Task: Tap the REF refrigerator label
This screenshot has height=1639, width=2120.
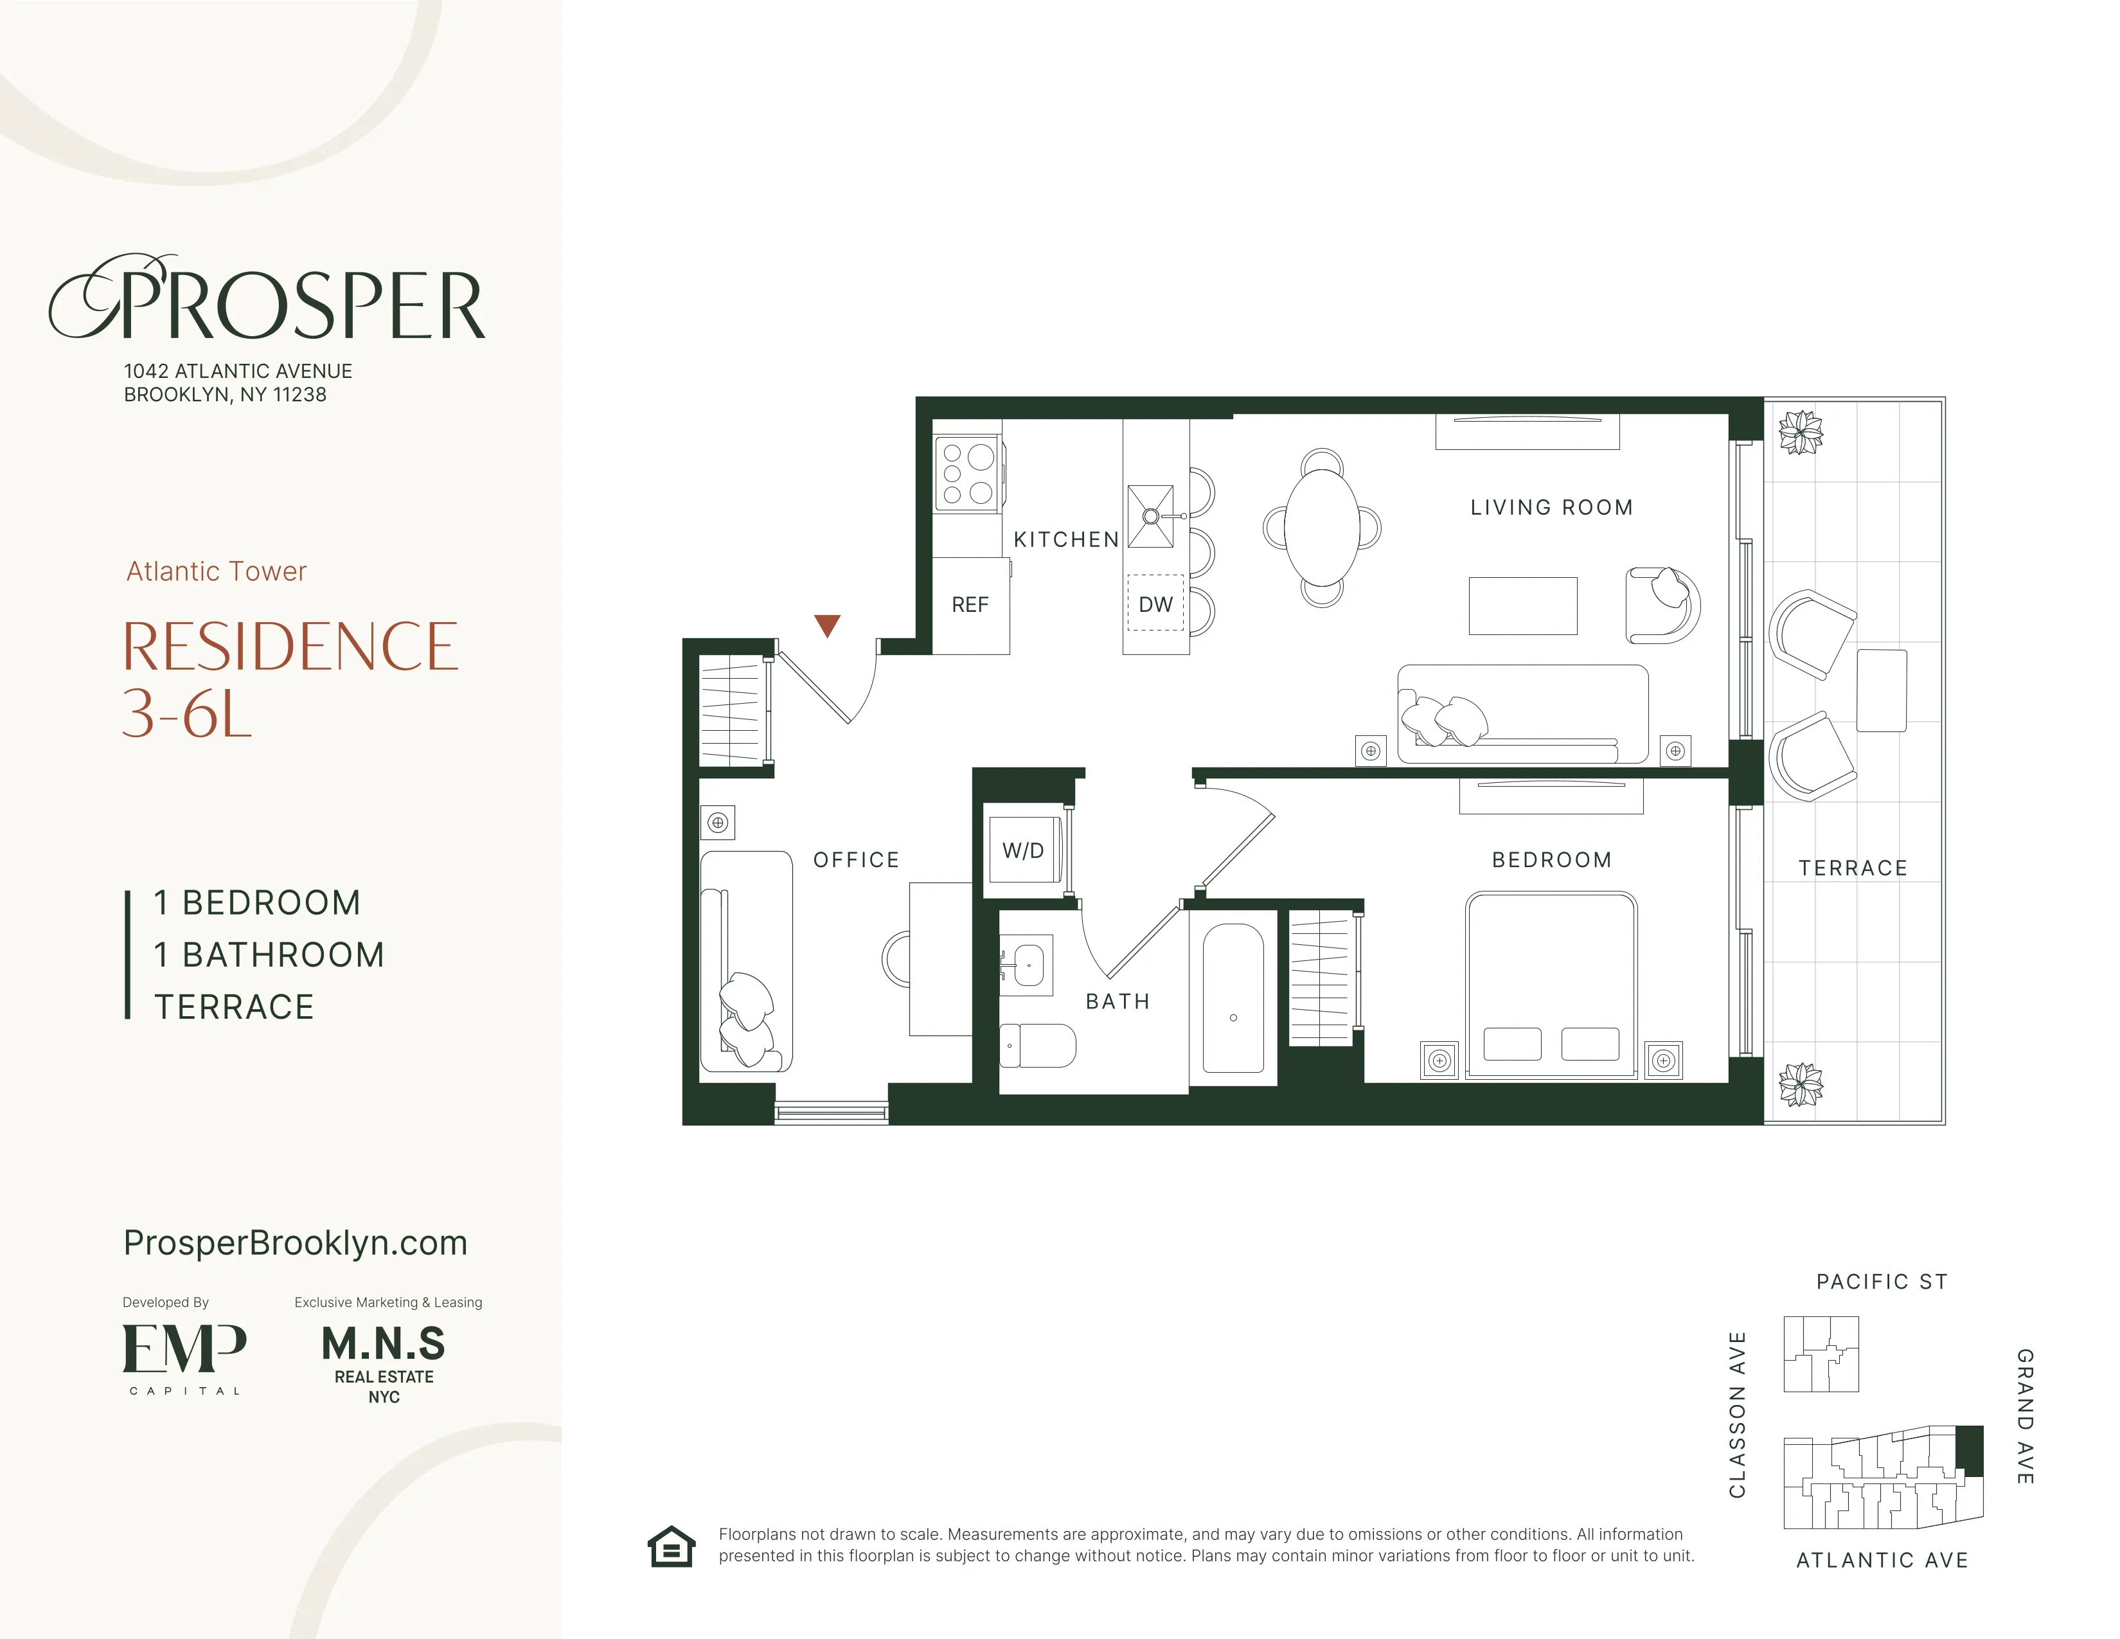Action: (x=970, y=605)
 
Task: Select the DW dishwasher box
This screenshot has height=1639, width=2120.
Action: (x=1155, y=604)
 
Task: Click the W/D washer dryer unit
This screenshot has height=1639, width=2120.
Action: (x=1023, y=850)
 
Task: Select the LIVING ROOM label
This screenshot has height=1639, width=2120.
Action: (x=1551, y=507)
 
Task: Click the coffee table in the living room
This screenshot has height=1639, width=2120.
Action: (x=1522, y=606)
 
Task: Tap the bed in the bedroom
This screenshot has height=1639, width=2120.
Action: (x=1550, y=985)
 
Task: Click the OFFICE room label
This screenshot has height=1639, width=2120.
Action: (x=856, y=860)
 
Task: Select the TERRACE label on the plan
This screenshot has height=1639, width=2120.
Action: (x=1852, y=868)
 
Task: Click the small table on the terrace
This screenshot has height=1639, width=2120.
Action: (x=1881, y=690)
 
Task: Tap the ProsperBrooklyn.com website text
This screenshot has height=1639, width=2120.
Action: (x=295, y=1243)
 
